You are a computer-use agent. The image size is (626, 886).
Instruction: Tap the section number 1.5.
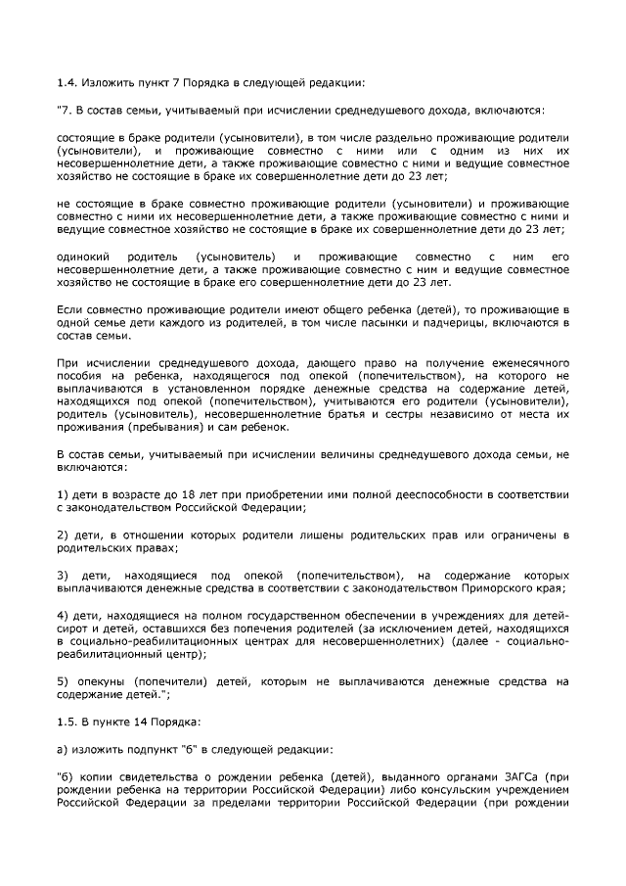tap(67, 723)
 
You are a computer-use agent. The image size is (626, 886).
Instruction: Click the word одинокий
tap(82, 257)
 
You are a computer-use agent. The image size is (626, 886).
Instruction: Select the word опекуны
tap(106, 681)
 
